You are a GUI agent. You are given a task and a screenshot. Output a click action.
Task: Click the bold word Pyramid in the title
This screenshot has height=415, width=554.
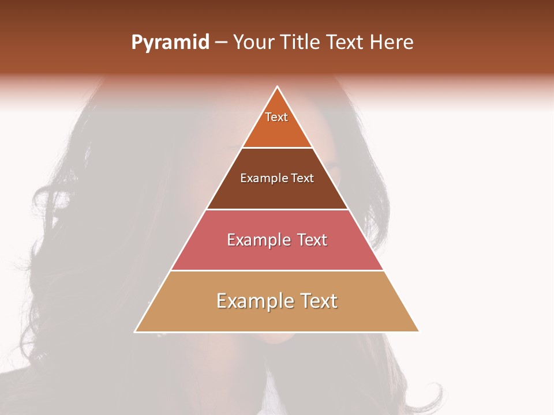170,43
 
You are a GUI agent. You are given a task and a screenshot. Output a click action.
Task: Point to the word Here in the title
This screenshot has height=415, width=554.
391,43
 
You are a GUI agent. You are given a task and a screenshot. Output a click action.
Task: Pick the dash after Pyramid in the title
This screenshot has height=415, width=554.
221,43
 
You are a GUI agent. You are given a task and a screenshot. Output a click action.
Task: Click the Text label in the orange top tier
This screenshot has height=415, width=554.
276,117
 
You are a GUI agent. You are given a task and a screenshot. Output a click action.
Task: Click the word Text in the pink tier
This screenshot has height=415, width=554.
312,240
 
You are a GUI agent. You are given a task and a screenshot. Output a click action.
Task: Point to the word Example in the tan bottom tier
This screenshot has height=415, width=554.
252,301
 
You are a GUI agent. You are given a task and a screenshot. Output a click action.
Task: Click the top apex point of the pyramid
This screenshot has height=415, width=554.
277,87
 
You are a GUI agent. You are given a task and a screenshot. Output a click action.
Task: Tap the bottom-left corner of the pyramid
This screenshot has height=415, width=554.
135,331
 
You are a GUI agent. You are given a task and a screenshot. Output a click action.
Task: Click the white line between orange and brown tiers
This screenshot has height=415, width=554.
277,148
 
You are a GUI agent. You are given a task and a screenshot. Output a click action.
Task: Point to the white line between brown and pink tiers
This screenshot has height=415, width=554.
277,209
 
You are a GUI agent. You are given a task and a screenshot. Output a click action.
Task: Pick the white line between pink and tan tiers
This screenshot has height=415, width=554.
277,270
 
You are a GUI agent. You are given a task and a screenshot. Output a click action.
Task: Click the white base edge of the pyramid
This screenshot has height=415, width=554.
277,332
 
